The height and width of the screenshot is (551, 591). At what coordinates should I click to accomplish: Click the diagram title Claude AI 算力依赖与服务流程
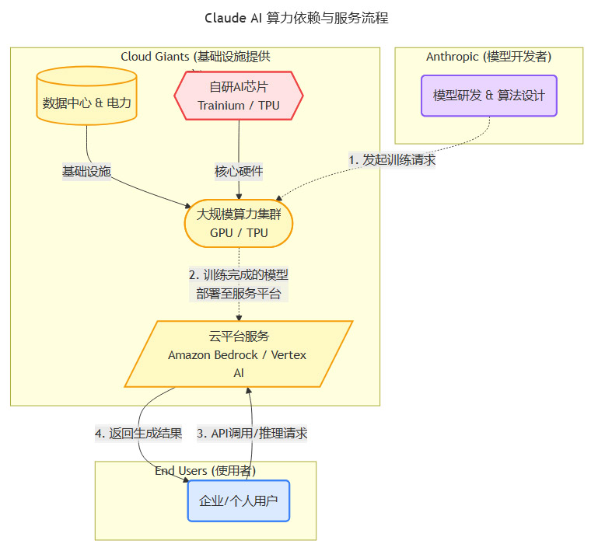(x=295, y=18)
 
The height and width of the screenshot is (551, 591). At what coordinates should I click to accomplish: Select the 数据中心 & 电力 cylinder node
(x=87, y=103)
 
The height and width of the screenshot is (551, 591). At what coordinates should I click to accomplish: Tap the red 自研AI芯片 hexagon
(x=238, y=96)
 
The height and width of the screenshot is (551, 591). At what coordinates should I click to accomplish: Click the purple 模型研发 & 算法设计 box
(x=489, y=96)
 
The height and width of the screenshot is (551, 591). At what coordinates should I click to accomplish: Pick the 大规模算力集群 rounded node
(x=239, y=223)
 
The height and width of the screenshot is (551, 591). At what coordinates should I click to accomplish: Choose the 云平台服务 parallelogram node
(x=238, y=354)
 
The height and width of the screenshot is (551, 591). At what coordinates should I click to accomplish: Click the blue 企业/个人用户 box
(x=238, y=500)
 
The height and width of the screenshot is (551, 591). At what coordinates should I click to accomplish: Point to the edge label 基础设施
(x=87, y=171)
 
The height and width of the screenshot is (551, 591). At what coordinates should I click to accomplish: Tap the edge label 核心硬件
(x=239, y=171)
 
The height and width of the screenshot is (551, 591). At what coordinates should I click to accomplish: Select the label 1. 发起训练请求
(x=391, y=159)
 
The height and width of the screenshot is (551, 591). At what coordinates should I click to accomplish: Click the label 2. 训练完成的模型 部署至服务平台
(x=239, y=284)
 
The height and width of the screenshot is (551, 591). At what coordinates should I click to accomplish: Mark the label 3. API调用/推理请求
(x=251, y=434)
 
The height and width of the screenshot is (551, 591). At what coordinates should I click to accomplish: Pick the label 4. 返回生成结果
(x=138, y=434)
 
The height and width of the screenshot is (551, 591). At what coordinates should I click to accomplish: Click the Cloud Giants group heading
(x=195, y=57)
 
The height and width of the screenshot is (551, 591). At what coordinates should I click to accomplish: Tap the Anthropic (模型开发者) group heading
(x=489, y=57)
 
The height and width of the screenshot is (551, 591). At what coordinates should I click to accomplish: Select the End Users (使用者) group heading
(x=205, y=470)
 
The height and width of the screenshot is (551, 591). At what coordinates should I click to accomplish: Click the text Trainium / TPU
(x=238, y=106)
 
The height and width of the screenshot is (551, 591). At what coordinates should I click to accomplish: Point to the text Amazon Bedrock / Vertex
(x=238, y=355)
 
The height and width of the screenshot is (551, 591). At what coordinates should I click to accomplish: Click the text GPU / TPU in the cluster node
(x=239, y=232)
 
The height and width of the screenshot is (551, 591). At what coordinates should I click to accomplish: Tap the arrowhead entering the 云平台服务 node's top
(x=239, y=317)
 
